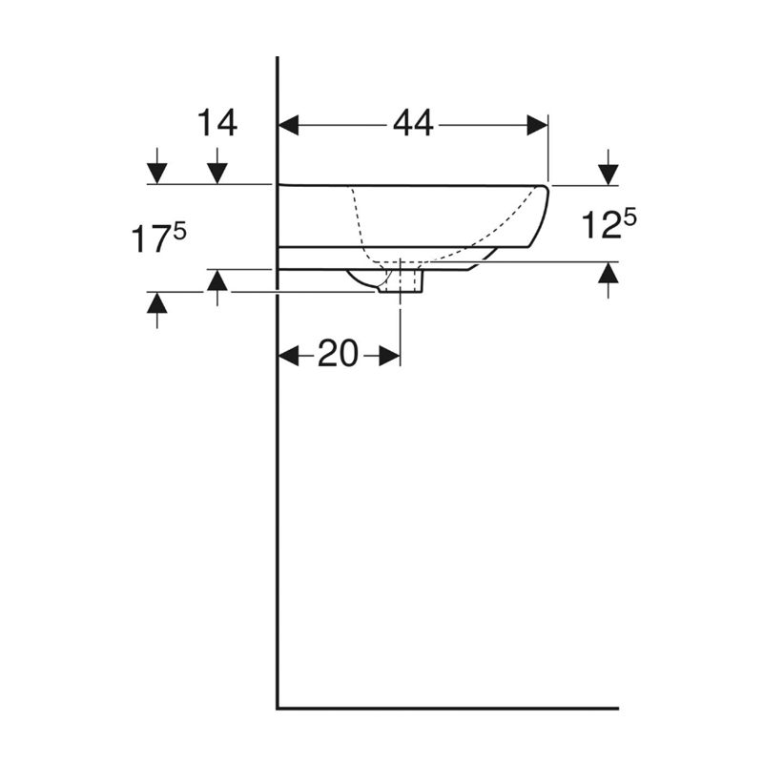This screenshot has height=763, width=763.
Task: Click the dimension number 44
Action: point(412,124)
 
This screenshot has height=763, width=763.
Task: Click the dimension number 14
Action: point(217,124)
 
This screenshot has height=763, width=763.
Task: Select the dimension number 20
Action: point(338,355)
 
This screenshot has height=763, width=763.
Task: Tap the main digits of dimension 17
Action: point(149,240)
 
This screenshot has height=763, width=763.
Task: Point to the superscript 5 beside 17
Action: point(179,230)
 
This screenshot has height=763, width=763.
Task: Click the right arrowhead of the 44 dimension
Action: point(537,125)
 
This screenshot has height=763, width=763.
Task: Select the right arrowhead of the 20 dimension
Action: point(388,356)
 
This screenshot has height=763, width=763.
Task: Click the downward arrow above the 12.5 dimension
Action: point(608,173)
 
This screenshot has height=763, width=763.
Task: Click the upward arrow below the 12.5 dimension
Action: point(608,274)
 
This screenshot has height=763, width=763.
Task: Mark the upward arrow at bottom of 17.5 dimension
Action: point(156,303)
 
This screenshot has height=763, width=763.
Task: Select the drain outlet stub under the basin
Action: point(401,282)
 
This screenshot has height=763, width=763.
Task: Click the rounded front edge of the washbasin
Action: point(545,215)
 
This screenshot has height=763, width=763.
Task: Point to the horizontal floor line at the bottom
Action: point(448,709)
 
